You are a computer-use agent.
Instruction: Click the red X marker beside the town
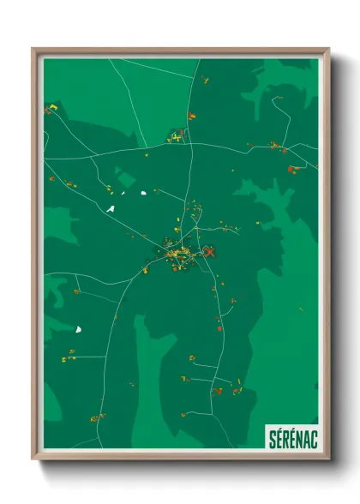pos(208,252)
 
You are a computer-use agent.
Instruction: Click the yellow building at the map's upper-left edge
pos(51,109)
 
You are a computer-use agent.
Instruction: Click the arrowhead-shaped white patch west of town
pos(110,208)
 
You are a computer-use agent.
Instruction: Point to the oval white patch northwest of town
pos(142,192)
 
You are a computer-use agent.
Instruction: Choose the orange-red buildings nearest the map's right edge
pos(293,169)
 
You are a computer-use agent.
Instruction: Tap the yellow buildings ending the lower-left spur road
pos(69,354)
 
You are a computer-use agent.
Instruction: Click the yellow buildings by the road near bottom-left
pos(97,418)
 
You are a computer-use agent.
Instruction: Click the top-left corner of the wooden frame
pos(33,49)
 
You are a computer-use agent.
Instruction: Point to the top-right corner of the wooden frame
pos(328,49)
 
